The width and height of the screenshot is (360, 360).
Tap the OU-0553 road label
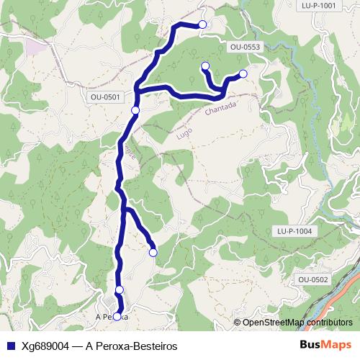245,47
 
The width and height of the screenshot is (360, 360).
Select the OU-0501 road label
105,96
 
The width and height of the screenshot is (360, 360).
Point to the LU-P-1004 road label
294,231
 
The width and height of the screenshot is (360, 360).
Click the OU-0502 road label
313,279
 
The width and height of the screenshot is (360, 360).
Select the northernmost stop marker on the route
202,24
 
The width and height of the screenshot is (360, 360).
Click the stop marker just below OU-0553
243,73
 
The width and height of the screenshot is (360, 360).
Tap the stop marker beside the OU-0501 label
135,110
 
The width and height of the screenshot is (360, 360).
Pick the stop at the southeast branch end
153,252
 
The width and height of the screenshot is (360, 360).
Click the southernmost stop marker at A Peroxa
117,316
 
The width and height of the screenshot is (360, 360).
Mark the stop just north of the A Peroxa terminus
120,289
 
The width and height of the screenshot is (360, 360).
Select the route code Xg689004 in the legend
45,346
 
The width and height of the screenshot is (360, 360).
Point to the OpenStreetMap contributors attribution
297,322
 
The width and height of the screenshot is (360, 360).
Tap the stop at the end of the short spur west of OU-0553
204,66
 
